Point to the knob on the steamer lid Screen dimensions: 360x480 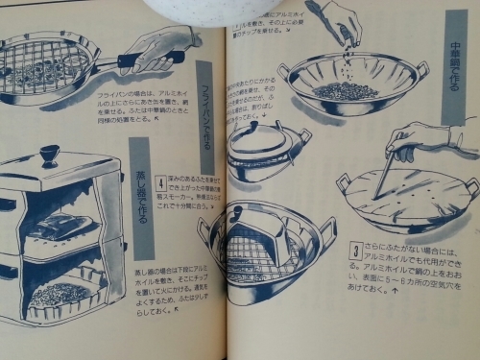pos(49,155)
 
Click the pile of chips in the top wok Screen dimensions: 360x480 pos(345,91)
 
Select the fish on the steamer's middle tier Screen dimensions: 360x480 pos(63,227)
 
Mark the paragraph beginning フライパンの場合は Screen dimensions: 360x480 pos(144,110)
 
